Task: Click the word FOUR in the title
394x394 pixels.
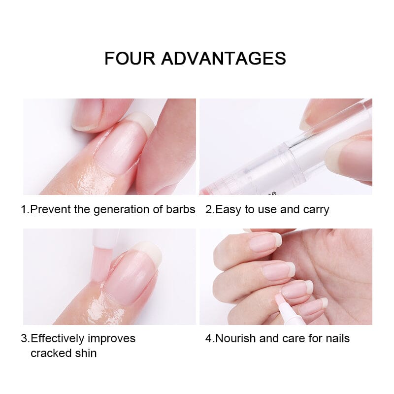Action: [x=130, y=58]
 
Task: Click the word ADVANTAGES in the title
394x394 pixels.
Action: [x=224, y=58]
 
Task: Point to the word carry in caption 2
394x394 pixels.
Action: [x=315, y=209]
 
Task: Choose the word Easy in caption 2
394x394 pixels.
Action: [x=228, y=209]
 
